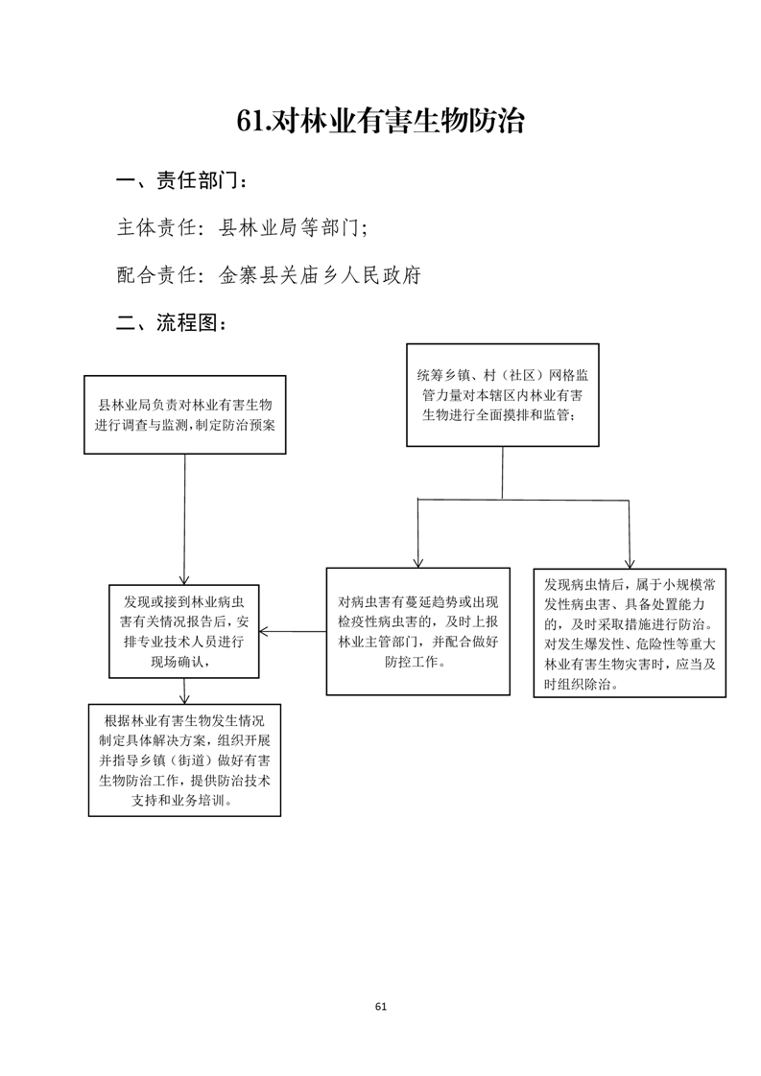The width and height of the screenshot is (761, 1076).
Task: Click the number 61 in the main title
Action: coord(250,121)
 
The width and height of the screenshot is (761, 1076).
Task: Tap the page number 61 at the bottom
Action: coord(381,1007)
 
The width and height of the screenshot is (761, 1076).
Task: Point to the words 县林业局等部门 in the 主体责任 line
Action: coord(289,228)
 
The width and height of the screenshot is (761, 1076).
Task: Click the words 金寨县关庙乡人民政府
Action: coord(320,275)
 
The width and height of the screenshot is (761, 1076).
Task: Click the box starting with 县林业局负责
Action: coord(185,414)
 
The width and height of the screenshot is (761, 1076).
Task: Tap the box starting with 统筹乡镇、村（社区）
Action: coord(503,395)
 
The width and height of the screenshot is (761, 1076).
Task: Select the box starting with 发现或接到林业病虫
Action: coord(184,631)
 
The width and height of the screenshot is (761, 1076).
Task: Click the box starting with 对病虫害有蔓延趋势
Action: coord(418,631)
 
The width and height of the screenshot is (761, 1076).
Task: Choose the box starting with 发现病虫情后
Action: coord(630,633)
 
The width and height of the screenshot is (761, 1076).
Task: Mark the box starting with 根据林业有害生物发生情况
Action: coord(185,760)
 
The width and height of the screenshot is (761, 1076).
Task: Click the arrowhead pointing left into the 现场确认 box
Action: coord(264,631)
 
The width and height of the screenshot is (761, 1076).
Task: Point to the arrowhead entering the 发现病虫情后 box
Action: coord(630,564)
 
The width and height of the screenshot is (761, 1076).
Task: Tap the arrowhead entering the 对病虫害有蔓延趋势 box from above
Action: coord(417,563)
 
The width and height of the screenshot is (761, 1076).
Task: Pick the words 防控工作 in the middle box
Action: coord(415,662)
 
